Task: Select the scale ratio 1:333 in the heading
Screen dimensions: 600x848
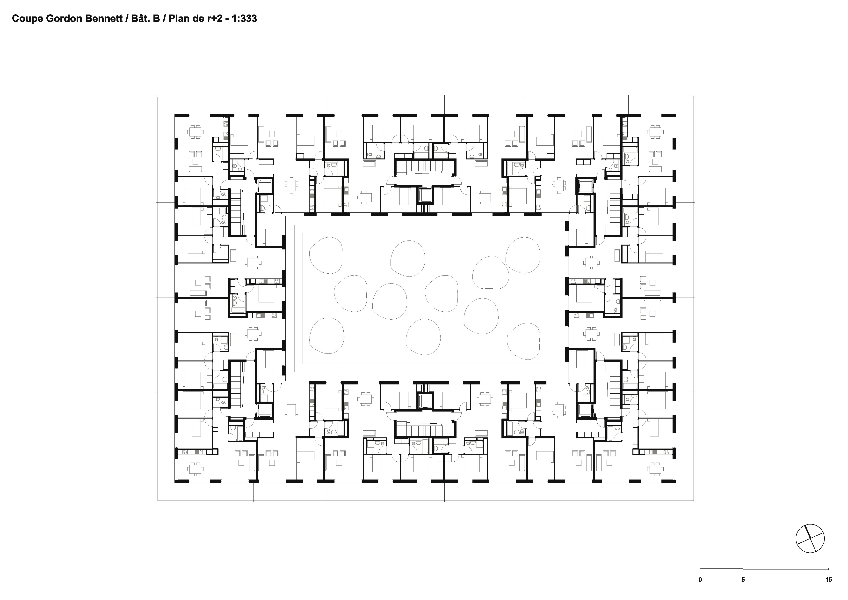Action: [x=244, y=18]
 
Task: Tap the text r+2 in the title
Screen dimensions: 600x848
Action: [x=214, y=18]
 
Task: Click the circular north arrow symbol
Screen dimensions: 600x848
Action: [x=810, y=539]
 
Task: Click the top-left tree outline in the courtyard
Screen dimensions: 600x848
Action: [x=326, y=255]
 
